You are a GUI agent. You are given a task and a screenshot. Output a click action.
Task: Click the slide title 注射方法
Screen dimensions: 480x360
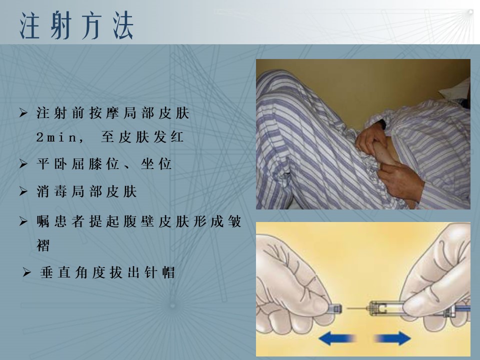(x=76, y=25)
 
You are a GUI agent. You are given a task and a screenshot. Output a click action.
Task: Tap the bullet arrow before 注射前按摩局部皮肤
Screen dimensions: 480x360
(x=23, y=113)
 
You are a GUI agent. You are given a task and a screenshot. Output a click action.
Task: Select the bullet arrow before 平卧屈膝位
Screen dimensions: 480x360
(x=23, y=164)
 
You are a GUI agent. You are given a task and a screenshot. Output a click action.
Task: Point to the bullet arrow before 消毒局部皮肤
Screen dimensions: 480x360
(x=23, y=191)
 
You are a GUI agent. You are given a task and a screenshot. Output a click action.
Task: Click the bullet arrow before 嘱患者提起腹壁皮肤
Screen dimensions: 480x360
(x=23, y=221)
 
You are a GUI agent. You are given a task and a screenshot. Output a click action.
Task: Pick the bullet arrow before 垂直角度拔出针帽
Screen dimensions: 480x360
(x=26, y=272)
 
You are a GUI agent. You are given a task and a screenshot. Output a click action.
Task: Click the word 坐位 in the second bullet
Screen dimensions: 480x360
(x=156, y=164)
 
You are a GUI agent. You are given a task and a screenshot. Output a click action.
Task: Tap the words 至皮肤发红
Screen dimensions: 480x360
(x=142, y=137)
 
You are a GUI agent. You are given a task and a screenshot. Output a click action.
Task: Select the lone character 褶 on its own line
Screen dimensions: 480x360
(x=43, y=245)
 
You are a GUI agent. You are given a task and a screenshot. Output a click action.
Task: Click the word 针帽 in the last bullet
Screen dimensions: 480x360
(x=159, y=272)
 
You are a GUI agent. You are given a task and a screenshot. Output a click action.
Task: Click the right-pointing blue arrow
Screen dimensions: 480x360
(x=392, y=338)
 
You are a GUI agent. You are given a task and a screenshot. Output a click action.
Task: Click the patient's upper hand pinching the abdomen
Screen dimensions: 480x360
(x=371, y=136)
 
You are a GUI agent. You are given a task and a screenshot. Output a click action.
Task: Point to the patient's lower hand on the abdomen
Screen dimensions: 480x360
(x=401, y=180)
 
